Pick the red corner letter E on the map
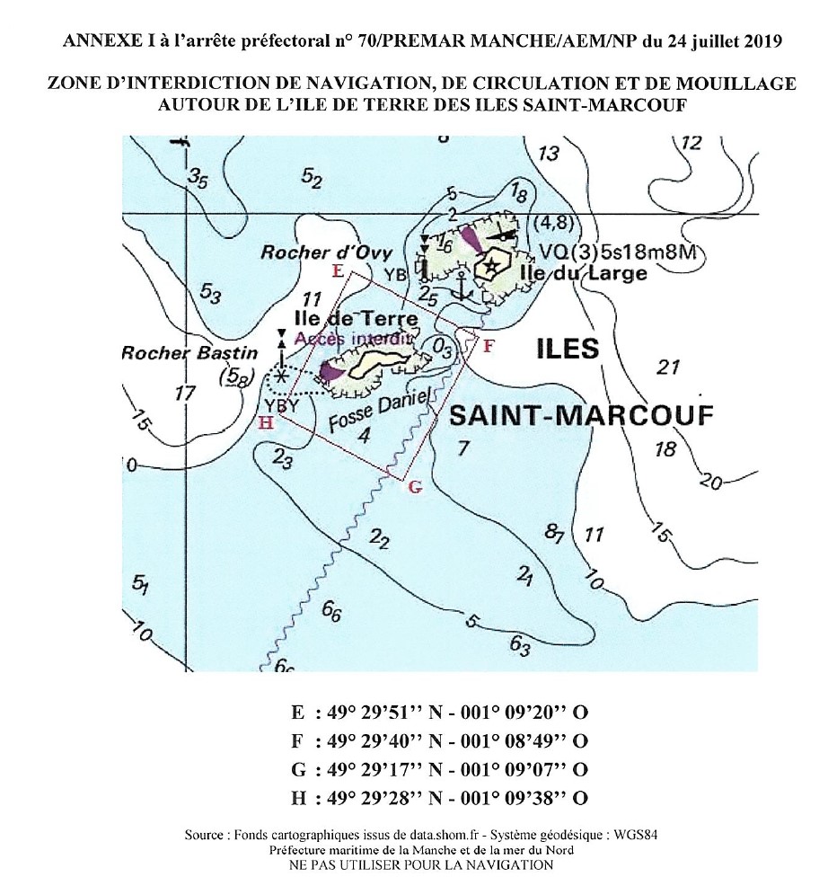click(x=338, y=270)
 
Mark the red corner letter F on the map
click(x=488, y=346)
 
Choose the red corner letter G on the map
click(x=414, y=487)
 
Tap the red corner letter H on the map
click(x=265, y=421)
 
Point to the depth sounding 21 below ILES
click(x=666, y=367)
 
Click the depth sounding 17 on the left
click(x=186, y=393)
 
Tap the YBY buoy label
click(x=283, y=406)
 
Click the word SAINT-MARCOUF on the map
click(x=580, y=415)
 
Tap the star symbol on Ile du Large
click(x=491, y=267)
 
